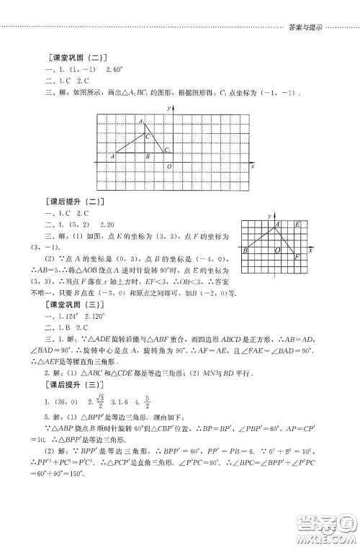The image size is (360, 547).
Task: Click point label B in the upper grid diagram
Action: [147, 156]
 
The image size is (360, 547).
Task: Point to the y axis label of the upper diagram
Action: [167, 107]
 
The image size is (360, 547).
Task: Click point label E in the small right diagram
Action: [297, 225]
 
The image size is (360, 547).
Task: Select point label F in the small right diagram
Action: [297, 256]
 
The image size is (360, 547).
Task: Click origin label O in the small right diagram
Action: [277, 251]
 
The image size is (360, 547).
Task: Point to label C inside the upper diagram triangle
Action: [148, 135]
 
